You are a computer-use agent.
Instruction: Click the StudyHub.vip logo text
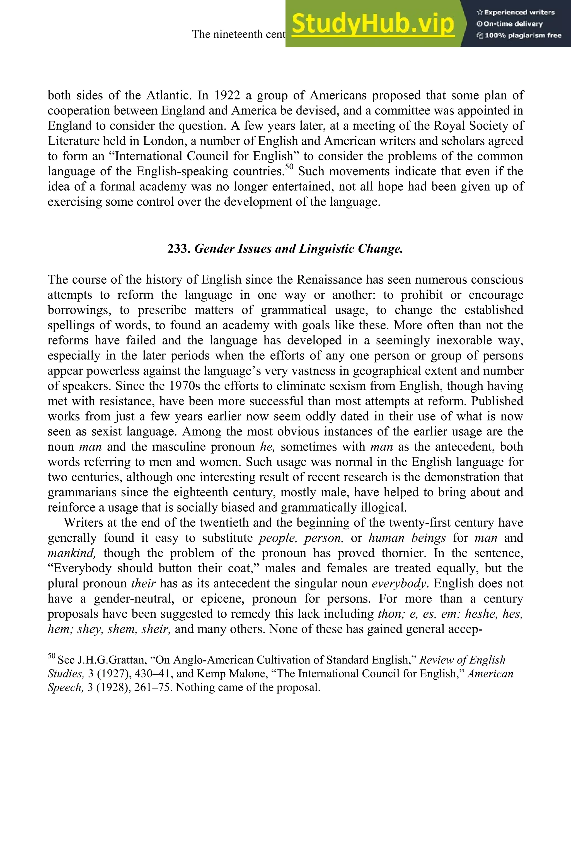click(x=373, y=24)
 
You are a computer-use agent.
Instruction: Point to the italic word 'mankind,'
click(x=72, y=553)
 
